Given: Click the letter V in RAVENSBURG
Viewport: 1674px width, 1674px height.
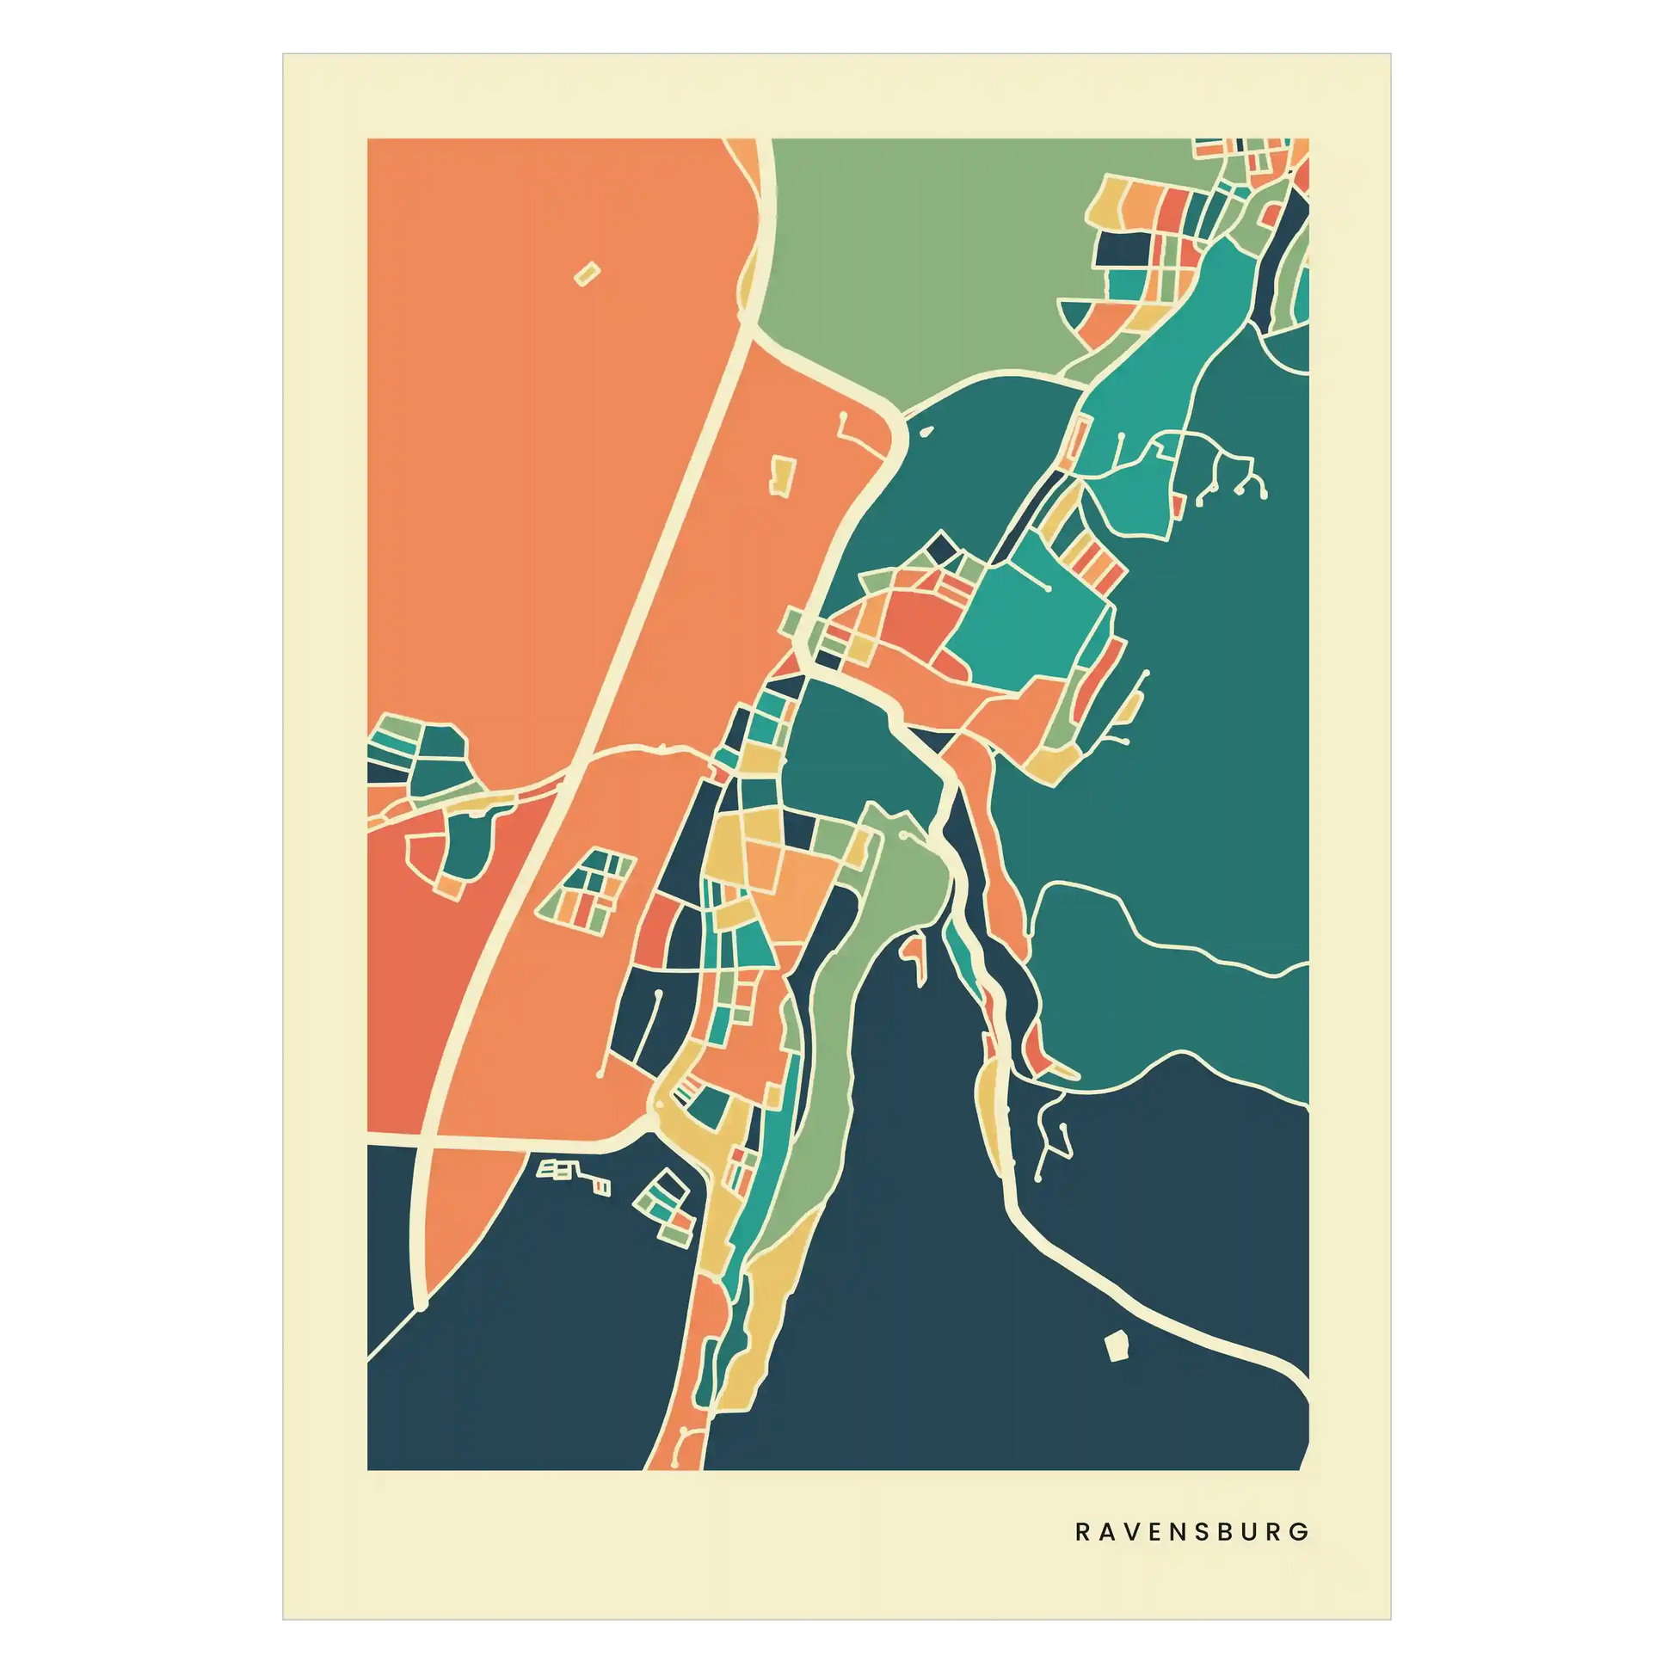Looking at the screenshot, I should (1131, 1532).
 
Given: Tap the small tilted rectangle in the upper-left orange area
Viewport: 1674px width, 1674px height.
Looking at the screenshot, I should (587, 274).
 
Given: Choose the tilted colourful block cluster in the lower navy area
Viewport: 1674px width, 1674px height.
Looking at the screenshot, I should (666, 1204).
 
